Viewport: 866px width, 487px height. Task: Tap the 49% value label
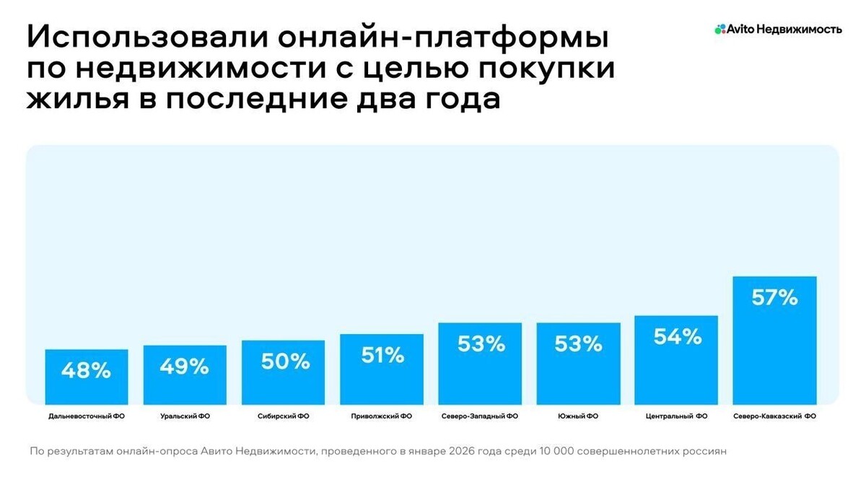click(x=184, y=367)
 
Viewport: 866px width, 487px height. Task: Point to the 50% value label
click(x=283, y=361)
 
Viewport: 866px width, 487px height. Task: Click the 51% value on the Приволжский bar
click(x=381, y=355)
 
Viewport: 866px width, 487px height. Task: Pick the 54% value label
click(x=676, y=337)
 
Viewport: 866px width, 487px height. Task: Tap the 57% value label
click(x=774, y=297)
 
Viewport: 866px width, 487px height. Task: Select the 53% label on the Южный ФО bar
click(x=578, y=344)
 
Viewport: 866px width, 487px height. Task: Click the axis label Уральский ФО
click(x=185, y=416)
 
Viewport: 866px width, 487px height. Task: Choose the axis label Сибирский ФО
click(x=283, y=416)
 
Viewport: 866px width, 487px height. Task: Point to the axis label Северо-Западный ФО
click(x=479, y=416)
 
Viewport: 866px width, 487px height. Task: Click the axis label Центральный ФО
click(x=676, y=416)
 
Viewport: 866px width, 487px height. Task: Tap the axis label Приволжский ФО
click(x=381, y=416)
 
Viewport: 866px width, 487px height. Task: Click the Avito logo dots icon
click(x=719, y=30)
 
